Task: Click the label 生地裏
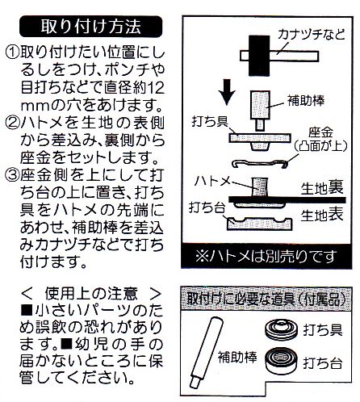point(324,188)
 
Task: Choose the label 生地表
point(324,216)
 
